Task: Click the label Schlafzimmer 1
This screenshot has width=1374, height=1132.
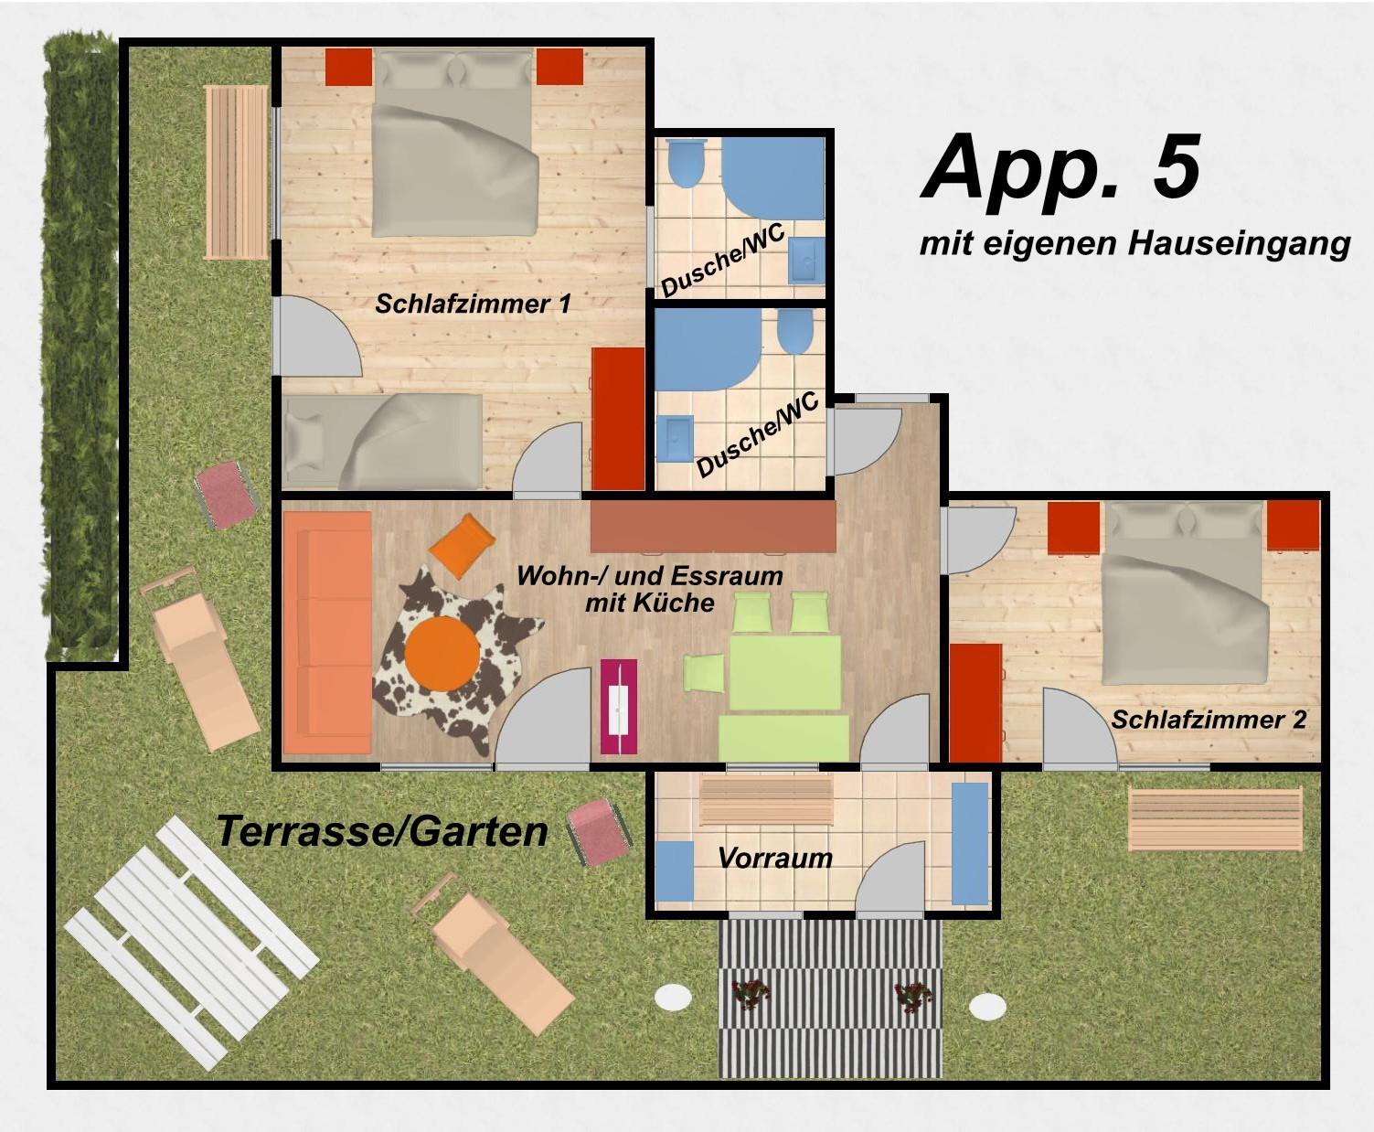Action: tap(473, 304)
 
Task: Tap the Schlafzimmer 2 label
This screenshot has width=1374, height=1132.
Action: tap(1209, 720)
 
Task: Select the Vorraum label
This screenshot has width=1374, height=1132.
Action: tap(775, 859)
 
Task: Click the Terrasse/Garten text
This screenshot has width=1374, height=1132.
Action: tap(382, 831)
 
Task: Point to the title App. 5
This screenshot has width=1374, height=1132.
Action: tap(1060, 167)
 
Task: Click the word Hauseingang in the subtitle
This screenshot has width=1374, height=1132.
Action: tap(1239, 244)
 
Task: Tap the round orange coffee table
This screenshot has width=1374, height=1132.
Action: tap(442, 654)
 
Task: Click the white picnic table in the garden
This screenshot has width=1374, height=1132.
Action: tap(191, 943)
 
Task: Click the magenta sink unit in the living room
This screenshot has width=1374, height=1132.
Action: tap(619, 706)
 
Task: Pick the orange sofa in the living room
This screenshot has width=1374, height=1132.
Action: tap(327, 633)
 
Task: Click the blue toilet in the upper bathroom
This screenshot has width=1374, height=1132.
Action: tap(686, 164)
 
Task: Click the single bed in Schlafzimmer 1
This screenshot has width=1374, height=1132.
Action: tap(382, 442)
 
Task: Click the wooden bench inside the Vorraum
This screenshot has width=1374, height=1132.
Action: tap(766, 800)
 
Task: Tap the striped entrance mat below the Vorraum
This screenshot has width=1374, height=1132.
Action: tap(830, 999)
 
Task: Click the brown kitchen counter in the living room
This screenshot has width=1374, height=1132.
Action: tap(713, 526)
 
